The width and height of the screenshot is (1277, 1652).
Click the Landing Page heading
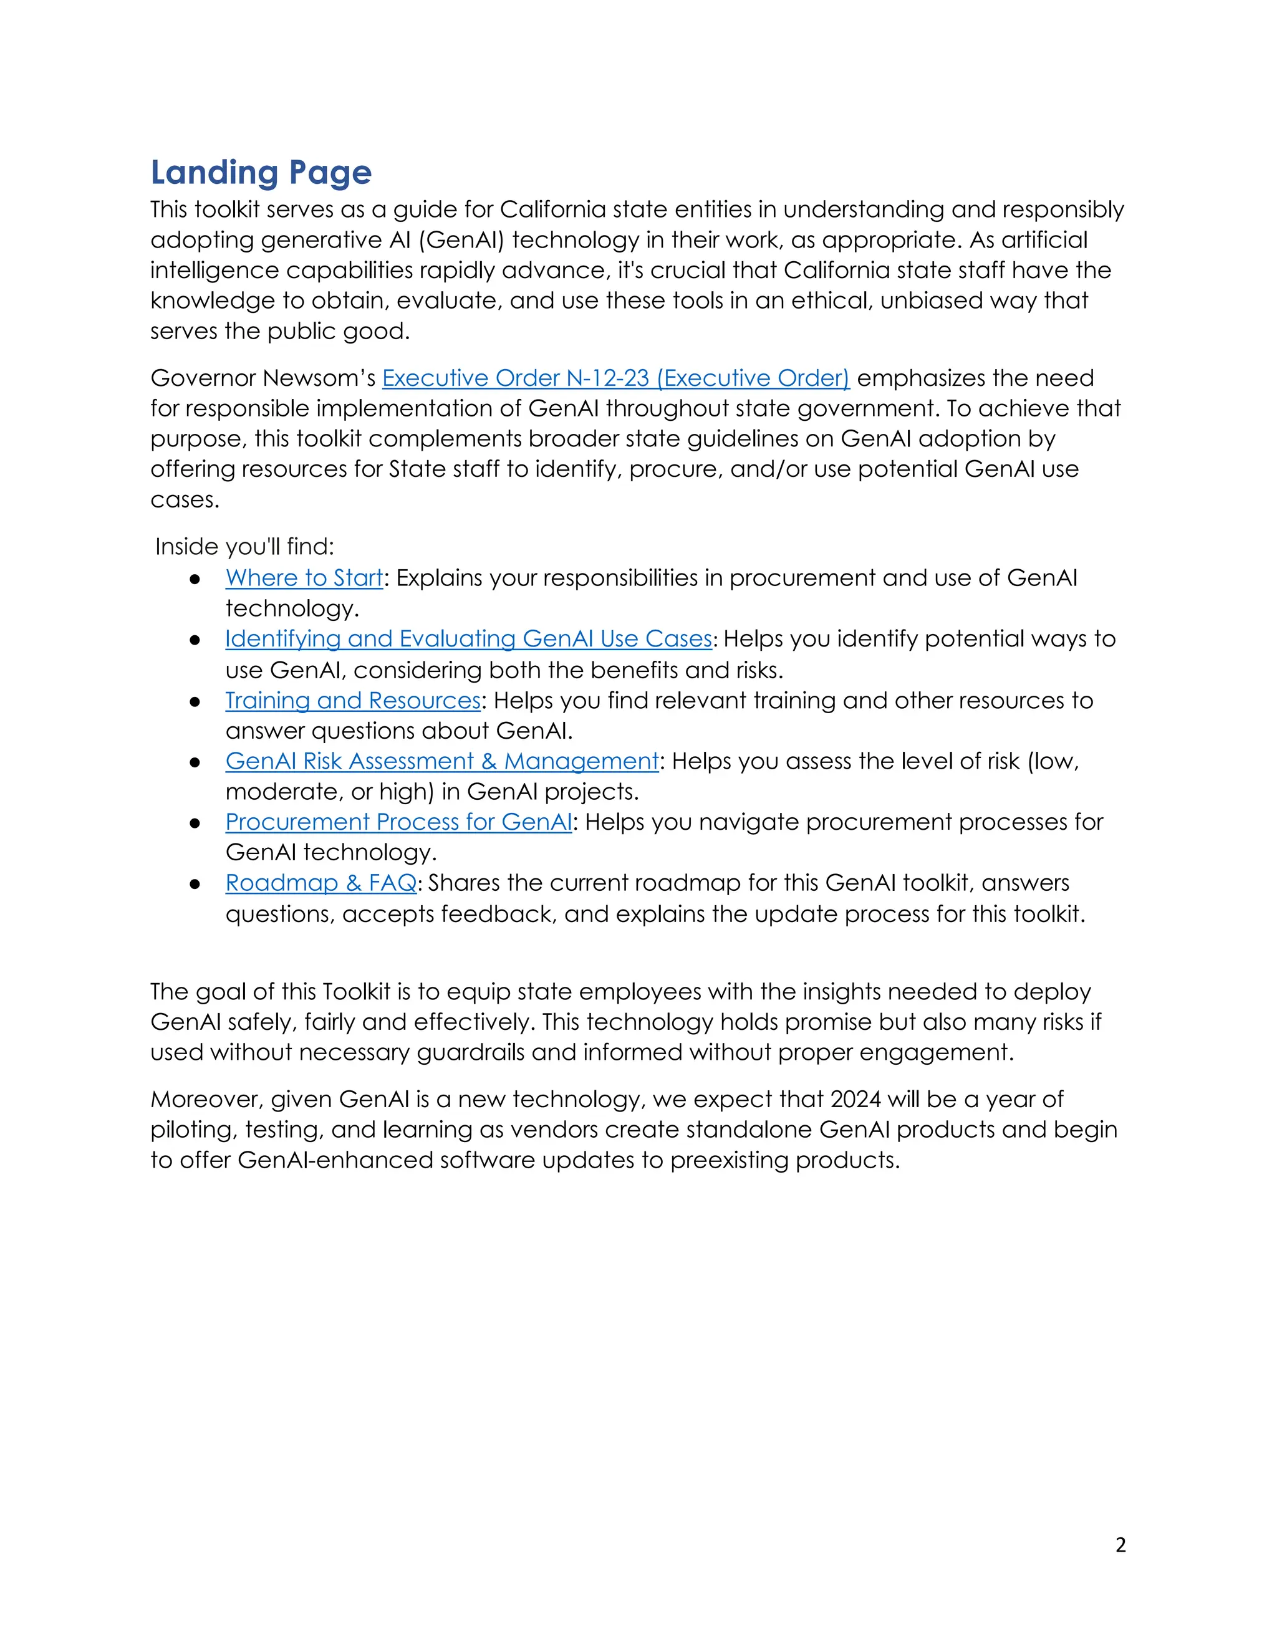coord(261,173)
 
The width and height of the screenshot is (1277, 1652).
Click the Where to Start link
coord(304,578)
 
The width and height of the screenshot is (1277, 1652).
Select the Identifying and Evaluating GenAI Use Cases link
coord(468,639)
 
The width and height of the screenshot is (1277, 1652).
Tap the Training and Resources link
coord(352,701)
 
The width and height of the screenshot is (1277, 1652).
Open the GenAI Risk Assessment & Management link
coord(442,761)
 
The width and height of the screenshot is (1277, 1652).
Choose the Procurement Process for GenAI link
coord(398,822)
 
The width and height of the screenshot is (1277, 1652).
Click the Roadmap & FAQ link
coord(320,883)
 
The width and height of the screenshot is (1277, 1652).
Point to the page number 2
coord(1120,1545)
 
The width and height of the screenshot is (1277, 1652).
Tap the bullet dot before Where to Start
coord(195,579)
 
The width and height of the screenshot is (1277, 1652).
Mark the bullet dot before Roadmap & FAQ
coord(195,884)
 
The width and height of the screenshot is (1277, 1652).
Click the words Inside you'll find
coord(244,547)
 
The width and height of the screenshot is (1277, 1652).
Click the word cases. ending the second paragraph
coord(185,500)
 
